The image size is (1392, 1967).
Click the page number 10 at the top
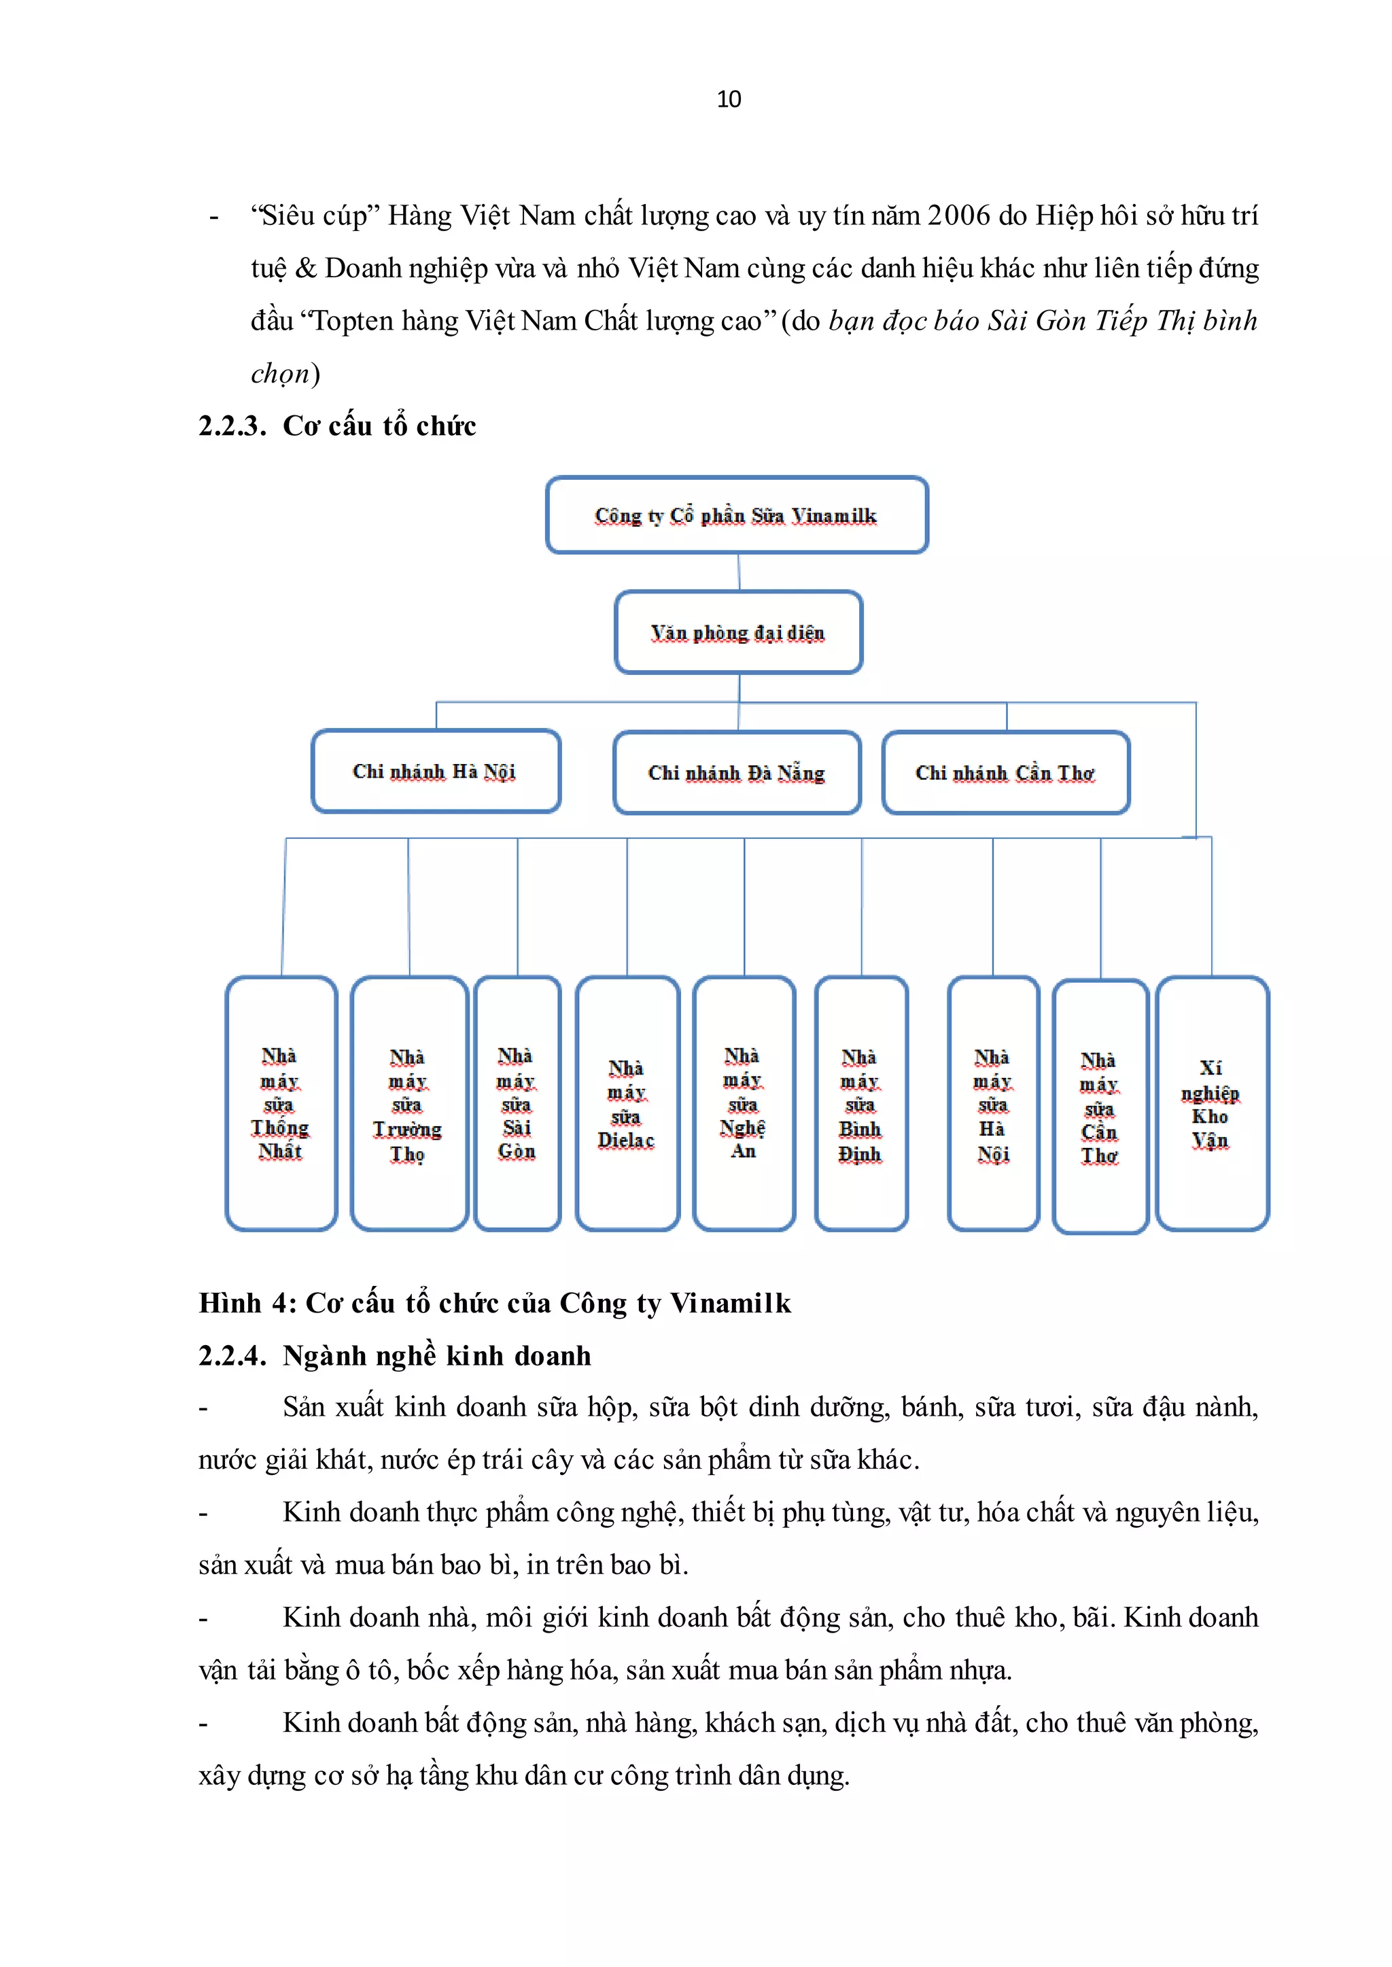(729, 99)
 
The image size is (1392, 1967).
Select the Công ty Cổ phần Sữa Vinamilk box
(736, 515)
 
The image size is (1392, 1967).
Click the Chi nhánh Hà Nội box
(436, 771)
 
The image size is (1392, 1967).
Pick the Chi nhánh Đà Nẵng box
(736, 773)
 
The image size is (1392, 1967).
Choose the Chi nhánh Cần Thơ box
(1005, 773)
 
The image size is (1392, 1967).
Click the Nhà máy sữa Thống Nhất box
(281, 1104)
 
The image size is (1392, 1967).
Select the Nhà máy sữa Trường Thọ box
(409, 1104)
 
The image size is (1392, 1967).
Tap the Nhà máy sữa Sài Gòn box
(517, 1104)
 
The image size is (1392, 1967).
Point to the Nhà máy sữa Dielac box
(627, 1104)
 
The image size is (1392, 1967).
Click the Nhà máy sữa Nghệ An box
(743, 1104)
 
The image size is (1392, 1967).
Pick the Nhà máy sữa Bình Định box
(860, 1104)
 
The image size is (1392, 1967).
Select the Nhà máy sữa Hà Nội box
(992, 1104)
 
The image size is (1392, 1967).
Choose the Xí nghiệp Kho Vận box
(1211, 1104)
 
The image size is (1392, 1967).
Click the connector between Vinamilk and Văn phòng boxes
(739, 572)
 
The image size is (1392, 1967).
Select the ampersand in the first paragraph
(306, 268)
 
